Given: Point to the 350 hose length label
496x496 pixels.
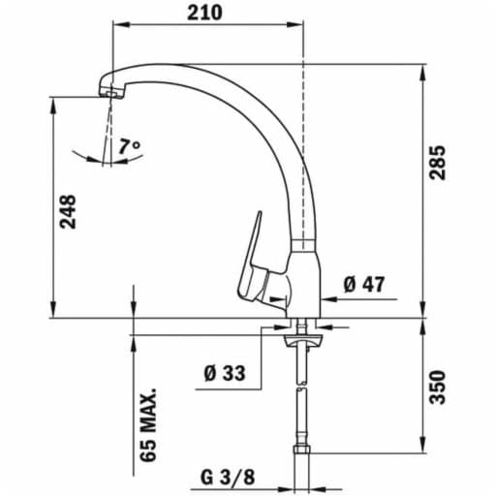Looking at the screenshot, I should click(441, 387).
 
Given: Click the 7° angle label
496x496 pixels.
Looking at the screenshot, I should click(131, 147).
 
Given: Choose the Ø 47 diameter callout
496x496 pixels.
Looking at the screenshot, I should click(364, 285).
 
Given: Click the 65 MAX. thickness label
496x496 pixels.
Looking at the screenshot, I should click(148, 427).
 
